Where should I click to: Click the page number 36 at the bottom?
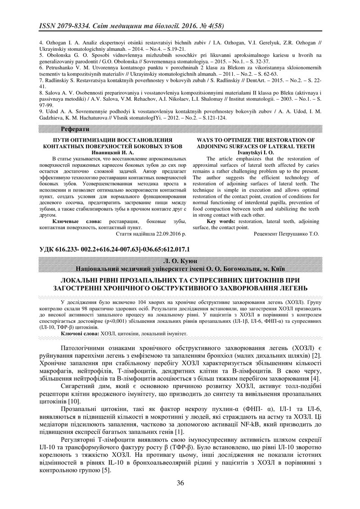[180, 483]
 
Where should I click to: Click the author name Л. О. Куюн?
[180, 261]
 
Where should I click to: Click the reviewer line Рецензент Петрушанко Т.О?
[286, 234]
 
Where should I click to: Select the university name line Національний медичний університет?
[180, 269]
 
